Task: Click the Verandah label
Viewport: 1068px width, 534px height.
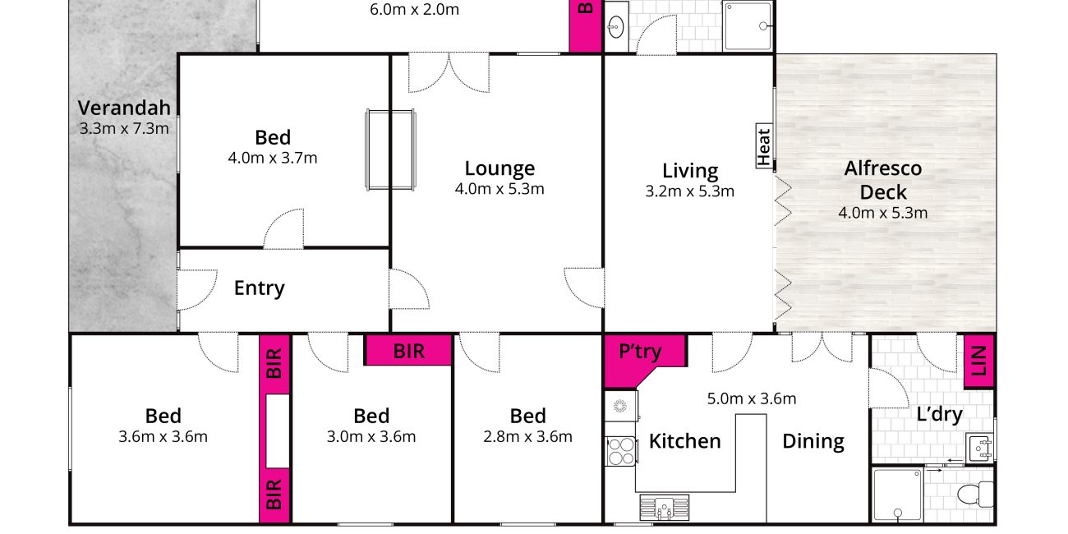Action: coord(124,108)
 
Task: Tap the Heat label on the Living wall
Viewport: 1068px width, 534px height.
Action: coord(764,146)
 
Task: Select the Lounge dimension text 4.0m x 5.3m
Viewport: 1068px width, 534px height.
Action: coord(499,189)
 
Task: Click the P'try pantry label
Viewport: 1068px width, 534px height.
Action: coord(640,352)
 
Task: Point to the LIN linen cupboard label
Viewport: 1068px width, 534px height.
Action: coord(978,361)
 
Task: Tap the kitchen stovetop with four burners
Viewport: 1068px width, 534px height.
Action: coord(621,452)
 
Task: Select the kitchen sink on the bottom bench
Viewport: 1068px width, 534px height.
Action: coord(664,507)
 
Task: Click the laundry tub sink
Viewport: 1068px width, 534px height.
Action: coord(980,447)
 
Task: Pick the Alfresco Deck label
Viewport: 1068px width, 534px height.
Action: coord(883,180)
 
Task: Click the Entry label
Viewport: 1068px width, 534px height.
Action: coord(260,288)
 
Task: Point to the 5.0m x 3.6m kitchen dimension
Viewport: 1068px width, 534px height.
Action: coord(752,398)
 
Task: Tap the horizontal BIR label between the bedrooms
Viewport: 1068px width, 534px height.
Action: coord(408,352)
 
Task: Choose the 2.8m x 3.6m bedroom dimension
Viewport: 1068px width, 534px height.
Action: coord(527,437)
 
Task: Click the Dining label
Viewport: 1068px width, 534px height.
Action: coord(813,441)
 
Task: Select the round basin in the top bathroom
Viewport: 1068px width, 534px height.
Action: coord(616,26)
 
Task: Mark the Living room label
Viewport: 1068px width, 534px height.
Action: coord(690,171)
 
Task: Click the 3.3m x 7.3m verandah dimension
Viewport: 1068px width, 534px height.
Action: coord(124,129)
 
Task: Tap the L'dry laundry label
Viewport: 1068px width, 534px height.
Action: coord(939,414)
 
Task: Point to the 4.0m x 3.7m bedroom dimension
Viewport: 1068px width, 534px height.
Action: coord(272,158)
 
